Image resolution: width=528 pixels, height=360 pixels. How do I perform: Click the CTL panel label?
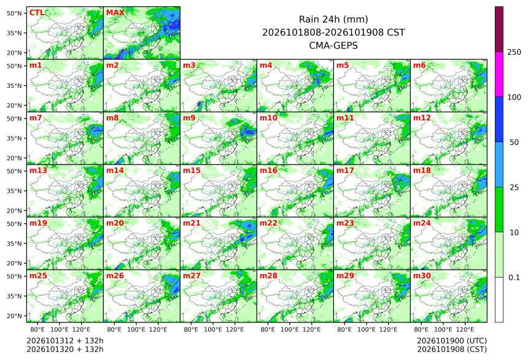[37, 13]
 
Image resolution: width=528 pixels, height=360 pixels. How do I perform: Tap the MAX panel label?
[115, 13]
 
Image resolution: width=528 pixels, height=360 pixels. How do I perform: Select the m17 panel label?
[345, 171]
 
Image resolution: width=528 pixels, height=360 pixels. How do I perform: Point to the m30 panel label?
[422, 276]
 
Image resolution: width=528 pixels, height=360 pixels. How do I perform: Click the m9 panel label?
[189, 118]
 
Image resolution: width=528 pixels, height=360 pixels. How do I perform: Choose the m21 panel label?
[192, 223]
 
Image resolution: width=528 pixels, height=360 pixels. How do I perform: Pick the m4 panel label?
[266, 65]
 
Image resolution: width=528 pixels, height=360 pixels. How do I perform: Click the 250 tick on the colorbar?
[514, 52]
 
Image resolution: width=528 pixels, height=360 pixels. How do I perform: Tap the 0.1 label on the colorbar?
[514, 278]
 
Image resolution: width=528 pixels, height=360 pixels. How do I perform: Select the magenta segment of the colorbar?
[499, 74]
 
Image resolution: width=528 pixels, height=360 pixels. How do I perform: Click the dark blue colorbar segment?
[499, 120]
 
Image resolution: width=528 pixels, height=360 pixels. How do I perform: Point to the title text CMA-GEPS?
[333, 45]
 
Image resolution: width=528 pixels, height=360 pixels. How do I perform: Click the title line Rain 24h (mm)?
[333, 20]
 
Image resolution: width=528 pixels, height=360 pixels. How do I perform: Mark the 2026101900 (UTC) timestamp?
[452, 341]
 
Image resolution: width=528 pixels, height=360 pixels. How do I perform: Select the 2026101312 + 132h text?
[65, 341]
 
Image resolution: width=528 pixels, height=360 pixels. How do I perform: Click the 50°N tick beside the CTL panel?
[14, 13]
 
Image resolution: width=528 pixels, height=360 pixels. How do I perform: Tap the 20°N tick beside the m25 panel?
[14, 316]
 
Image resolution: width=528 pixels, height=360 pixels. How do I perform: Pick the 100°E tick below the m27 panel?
[213, 329]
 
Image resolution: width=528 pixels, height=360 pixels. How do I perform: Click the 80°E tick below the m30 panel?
[421, 329]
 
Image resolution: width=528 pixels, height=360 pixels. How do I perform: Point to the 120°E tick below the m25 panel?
[81, 329]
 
